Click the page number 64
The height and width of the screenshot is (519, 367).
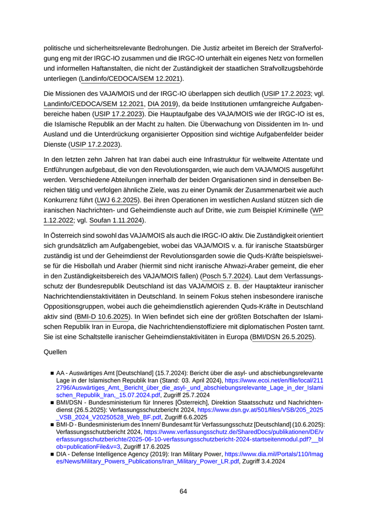tap(183, 491)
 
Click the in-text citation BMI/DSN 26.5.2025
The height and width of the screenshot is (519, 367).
tap(282, 337)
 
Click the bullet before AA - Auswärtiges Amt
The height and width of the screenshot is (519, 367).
tap(52, 372)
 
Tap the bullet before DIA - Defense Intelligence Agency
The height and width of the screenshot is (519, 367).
tap(52, 455)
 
